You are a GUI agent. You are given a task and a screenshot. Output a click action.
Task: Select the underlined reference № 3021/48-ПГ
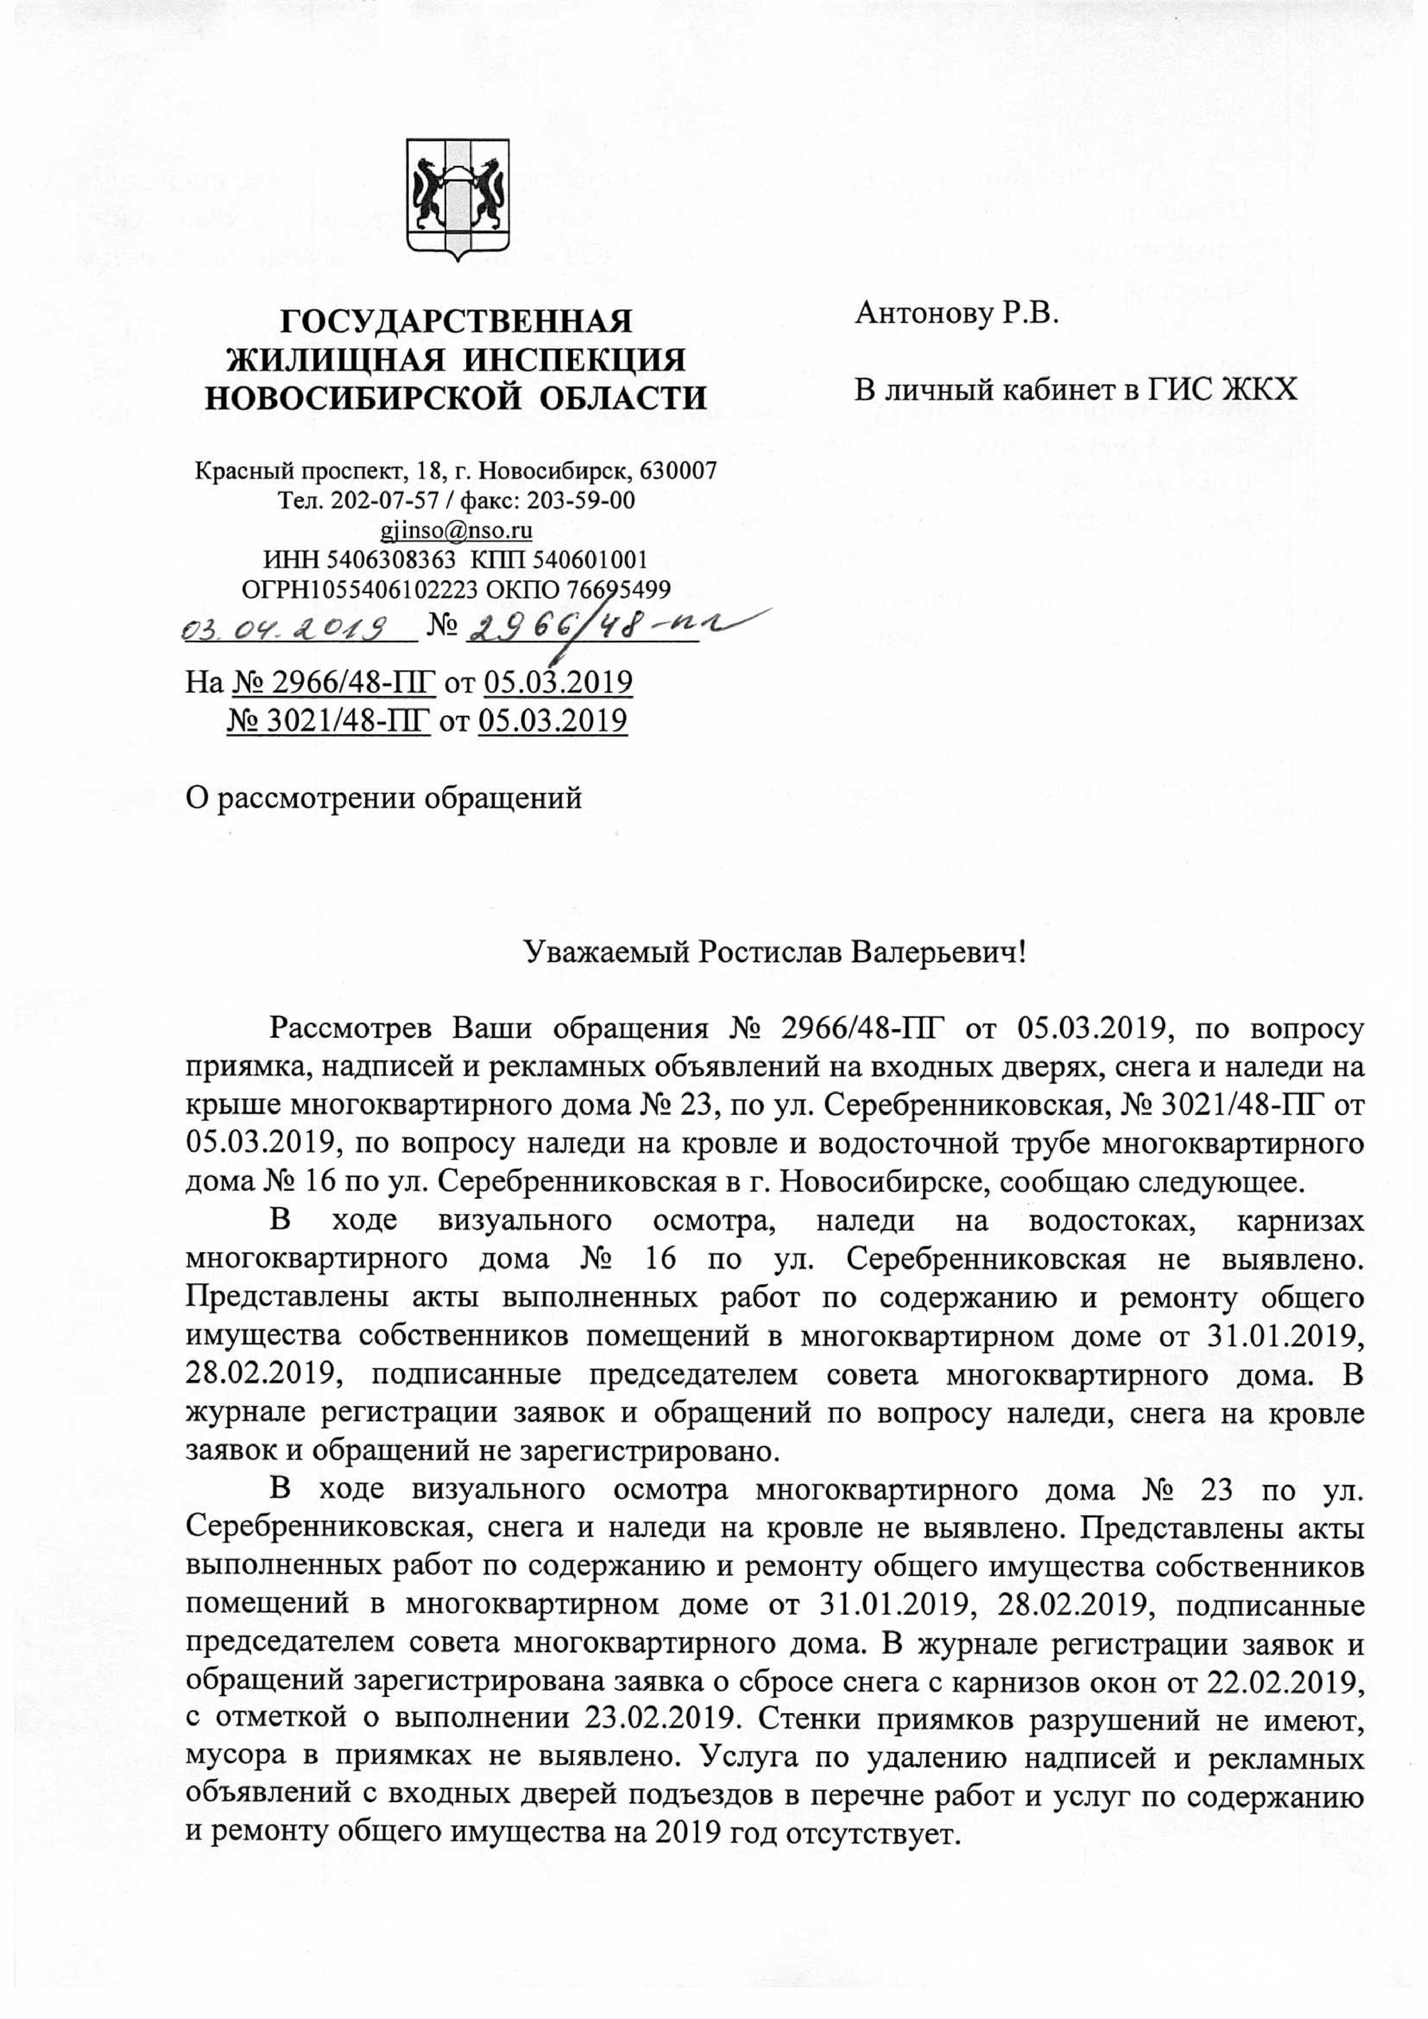click(x=329, y=721)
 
